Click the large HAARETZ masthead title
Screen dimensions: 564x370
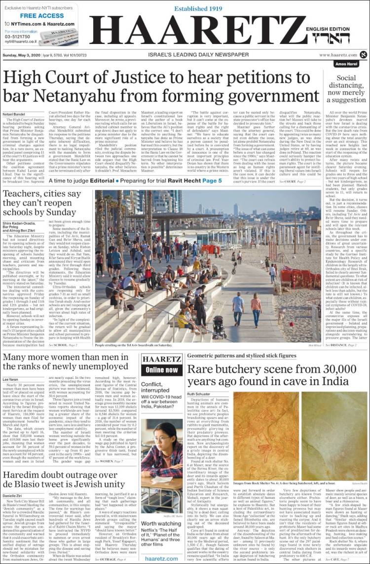click(x=197, y=31)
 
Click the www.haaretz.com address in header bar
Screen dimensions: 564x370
click(x=338, y=55)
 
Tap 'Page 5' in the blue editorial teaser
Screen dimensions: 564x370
click(x=213, y=181)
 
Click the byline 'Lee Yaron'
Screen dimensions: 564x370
click(x=10, y=379)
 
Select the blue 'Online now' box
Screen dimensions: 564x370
click(x=162, y=370)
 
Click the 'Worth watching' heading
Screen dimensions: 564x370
click(x=161, y=524)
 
